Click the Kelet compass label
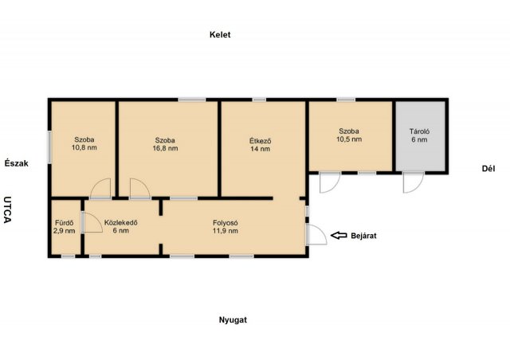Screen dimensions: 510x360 (x=220, y=34)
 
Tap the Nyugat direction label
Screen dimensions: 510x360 (x=233, y=320)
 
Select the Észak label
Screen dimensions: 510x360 (x=16, y=163)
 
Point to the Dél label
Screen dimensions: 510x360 (x=488, y=169)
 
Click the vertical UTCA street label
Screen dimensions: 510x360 (x=8, y=209)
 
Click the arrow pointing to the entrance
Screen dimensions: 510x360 (x=339, y=235)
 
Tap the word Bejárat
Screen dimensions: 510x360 (x=363, y=236)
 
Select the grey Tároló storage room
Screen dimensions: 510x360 (x=420, y=136)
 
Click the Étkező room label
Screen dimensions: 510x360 (x=261, y=141)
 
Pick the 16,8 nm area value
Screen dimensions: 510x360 (x=165, y=148)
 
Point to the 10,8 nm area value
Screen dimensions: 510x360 (x=84, y=147)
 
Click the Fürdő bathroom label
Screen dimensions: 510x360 (x=64, y=223)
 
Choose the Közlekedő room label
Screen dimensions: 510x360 (x=120, y=223)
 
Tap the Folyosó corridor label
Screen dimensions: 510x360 (x=226, y=223)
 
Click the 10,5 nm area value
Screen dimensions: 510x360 (x=349, y=139)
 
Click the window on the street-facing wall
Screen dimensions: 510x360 (x=49, y=147)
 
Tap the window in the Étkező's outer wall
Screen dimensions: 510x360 (x=259, y=100)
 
